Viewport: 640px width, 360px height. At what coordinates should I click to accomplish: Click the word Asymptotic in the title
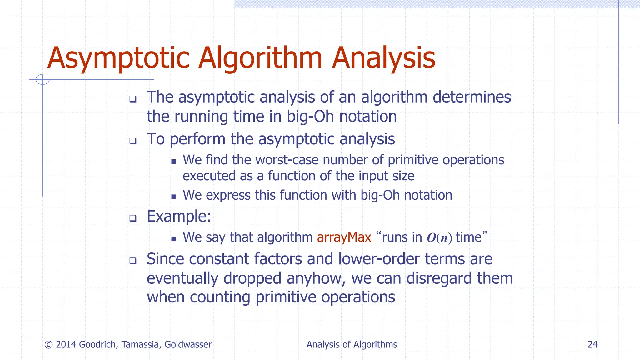point(118,58)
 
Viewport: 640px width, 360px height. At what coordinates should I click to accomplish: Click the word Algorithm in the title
point(260,58)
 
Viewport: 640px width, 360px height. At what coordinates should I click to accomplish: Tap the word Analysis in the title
point(383,58)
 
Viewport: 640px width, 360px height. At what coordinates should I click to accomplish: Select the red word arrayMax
point(344,237)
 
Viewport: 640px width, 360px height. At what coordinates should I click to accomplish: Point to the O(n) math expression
point(439,238)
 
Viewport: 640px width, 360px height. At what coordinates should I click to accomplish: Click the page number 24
point(592,344)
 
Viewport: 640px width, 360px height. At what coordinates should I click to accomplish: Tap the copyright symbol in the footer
point(48,345)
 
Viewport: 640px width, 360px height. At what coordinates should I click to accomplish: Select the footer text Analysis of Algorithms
point(352,344)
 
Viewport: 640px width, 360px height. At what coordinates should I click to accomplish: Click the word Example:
point(179,216)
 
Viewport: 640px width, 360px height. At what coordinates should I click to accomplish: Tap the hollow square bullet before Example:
point(133,218)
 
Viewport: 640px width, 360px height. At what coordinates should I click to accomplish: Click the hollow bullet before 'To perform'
point(133,141)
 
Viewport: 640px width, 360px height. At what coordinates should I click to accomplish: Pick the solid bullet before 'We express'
point(174,197)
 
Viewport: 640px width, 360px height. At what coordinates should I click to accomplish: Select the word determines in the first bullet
point(472,97)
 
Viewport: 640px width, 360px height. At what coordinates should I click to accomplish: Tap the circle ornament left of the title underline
point(42,79)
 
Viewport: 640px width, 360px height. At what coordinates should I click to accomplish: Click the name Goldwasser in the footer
point(188,344)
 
